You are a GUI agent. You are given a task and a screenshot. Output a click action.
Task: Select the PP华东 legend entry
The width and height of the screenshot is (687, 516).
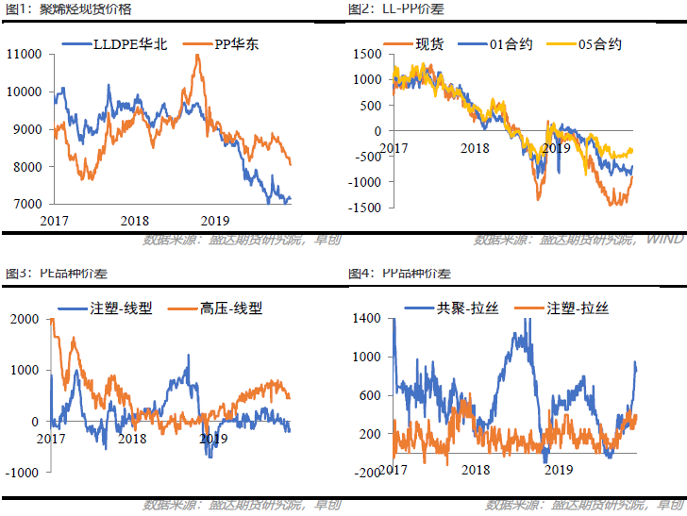(223, 43)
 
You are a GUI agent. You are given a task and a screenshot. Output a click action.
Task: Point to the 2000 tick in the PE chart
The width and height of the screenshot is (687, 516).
(23, 320)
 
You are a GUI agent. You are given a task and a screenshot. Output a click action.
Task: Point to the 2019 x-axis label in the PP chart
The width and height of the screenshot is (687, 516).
(559, 469)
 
